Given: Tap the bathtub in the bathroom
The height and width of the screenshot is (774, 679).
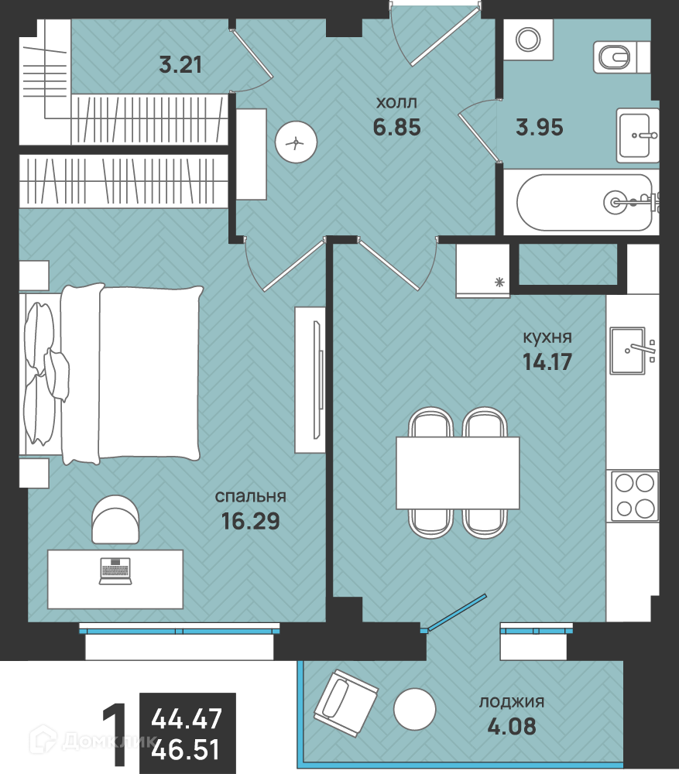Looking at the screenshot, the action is (x=585, y=202).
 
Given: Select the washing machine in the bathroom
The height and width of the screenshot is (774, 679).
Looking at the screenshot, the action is (x=528, y=39).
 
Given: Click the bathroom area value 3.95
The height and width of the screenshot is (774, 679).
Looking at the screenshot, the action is (x=539, y=128).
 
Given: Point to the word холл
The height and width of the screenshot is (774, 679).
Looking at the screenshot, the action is (x=396, y=103).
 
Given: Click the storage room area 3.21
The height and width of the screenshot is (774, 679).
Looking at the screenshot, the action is (x=180, y=65).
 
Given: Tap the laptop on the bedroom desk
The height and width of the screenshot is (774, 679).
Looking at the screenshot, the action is (x=115, y=571).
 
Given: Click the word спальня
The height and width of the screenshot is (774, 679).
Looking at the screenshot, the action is (x=251, y=497).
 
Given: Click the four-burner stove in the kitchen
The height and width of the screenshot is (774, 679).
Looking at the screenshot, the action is (x=635, y=496).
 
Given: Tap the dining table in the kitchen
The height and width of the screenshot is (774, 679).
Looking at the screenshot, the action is (x=458, y=472).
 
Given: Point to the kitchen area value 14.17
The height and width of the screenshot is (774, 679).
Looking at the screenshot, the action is (x=547, y=361).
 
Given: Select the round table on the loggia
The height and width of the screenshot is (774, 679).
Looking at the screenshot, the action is (x=415, y=709).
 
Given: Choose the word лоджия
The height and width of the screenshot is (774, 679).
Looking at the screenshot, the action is (x=512, y=702).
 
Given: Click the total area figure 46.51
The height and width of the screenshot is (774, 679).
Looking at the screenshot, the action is (x=186, y=749).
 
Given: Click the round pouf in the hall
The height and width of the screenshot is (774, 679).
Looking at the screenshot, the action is (x=296, y=143).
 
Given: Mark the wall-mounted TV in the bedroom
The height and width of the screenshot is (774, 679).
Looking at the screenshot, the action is (x=317, y=379).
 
